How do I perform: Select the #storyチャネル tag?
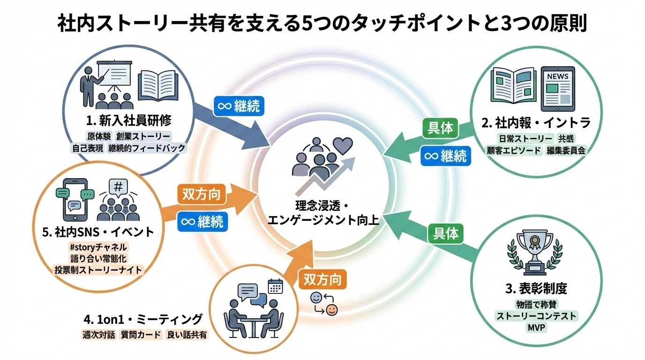(x=98, y=247)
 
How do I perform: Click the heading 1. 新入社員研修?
(x=128, y=120)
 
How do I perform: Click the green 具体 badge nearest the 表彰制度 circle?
(x=446, y=232)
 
